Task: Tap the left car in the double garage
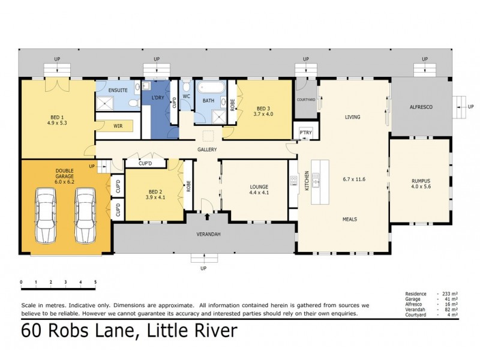pyautogui.click(x=46, y=215)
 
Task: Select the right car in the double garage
pyautogui.click(x=85, y=215)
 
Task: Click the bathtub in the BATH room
pyautogui.click(x=211, y=87)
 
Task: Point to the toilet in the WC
pyautogui.click(x=186, y=86)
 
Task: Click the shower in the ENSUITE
pyautogui.click(x=105, y=103)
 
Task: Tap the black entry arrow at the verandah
pyautogui.click(x=207, y=217)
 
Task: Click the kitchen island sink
pyautogui.click(x=316, y=180)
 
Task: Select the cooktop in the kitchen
pyautogui.click(x=293, y=181)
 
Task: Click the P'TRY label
pyautogui.click(x=305, y=133)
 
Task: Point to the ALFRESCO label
pyautogui.click(x=421, y=107)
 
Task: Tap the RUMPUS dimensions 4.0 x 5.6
pyautogui.click(x=421, y=187)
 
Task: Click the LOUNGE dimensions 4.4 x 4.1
pyautogui.click(x=259, y=193)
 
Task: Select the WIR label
pyautogui.click(x=118, y=126)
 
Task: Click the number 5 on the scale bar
pyautogui.click(x=95, y=282)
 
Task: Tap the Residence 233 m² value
pyautogui.click(x=450, y=294)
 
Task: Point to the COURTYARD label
pyautogui.click(x=306, y=100)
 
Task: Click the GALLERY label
pyautogui.click(x=207, y=149)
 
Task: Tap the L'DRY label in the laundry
pyautogui.click(x=158, y=98)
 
